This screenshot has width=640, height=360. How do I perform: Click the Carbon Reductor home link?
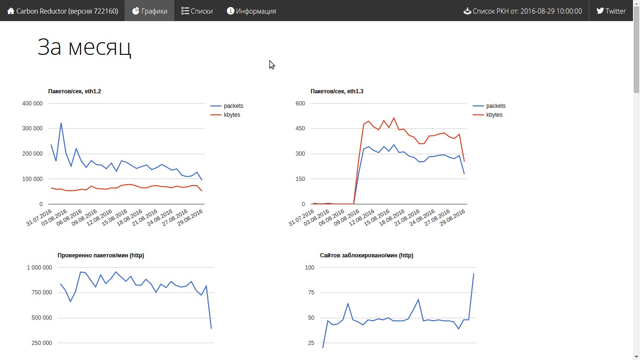click(63, 11)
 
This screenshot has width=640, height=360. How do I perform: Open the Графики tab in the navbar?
click(149, 11)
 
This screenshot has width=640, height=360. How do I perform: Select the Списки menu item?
click(197, 11)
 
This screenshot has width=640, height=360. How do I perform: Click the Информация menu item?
click(252, 11)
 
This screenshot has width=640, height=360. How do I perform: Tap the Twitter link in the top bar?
click(611, 11)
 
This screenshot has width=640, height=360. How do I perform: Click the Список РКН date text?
click(522, 11)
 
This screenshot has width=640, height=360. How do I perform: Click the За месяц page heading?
click(84, 47)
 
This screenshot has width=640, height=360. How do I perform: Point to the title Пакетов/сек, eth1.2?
click(74, 91)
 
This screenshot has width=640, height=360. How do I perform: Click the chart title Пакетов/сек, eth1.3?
click(337, 91)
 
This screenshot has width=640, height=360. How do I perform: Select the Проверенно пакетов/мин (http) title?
click(101, 255)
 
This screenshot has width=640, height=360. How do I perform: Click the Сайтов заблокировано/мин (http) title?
click(366, 255)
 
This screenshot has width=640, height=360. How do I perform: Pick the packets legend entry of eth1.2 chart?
click(227, 106)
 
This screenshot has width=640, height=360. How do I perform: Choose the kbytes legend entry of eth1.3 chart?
click(488, 115)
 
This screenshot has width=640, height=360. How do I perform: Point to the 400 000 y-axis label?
click(32, 103)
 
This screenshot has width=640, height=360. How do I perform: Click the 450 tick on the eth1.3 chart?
click(300, 128)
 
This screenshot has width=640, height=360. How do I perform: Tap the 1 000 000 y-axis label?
click(39, 267)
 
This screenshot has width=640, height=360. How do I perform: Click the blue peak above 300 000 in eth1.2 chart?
click(61, 123)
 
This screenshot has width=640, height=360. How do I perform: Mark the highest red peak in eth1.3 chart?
click(394, 118)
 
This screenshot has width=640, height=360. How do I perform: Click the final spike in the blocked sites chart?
click(473, 274)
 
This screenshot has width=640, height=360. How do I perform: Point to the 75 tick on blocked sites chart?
click(311, 292)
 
